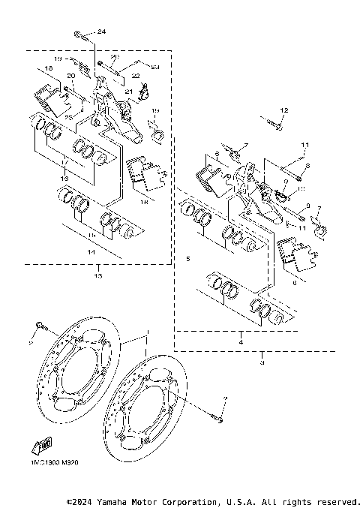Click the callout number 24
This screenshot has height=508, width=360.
tap(102, 31)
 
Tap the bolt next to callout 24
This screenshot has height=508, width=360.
tap(79, 34)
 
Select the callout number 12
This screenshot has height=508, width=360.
tap(284, 110)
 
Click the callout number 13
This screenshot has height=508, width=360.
tap(97, 275)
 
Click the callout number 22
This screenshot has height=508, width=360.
tap(136, 77)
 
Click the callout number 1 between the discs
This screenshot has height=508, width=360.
tap(148, 332)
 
